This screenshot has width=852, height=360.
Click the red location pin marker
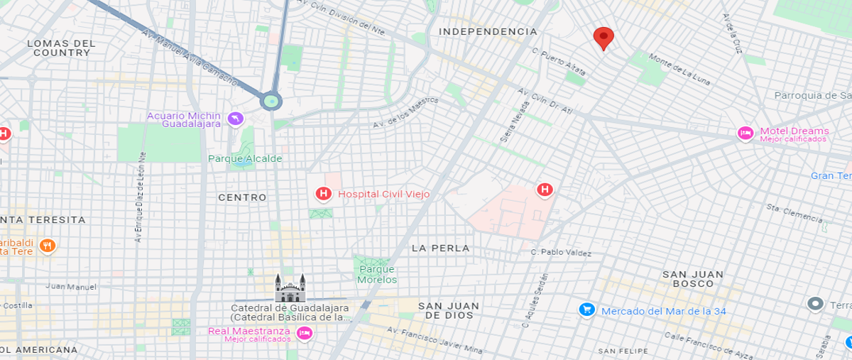coord(603,37)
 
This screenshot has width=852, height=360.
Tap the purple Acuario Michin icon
coord(236,119)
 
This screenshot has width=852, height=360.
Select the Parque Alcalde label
coord(245,158)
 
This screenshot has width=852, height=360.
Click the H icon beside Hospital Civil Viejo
coord(324,193)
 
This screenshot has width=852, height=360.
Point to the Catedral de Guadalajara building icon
coord(290,288)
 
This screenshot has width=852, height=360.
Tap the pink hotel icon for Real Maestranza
coord(304,333)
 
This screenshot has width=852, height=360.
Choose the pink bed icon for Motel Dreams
coord(745,133)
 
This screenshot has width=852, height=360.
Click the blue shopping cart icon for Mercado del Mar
coord(586,310)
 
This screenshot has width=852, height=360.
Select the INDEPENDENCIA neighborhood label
coord(488,32)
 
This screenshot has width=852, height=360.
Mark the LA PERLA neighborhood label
coord(440,248)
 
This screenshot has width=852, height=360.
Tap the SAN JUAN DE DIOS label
coord(449,310)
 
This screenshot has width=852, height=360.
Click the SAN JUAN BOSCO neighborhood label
coord(692,278)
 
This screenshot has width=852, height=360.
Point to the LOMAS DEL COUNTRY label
coord(61,48)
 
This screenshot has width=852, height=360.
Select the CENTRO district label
coord(242,197)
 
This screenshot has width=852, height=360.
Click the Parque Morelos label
coord(377,274)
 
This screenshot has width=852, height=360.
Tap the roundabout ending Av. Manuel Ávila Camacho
coord(271,101)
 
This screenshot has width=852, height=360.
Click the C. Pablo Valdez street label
coord(561,252)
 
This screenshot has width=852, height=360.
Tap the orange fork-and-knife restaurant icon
coord(47,246)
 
